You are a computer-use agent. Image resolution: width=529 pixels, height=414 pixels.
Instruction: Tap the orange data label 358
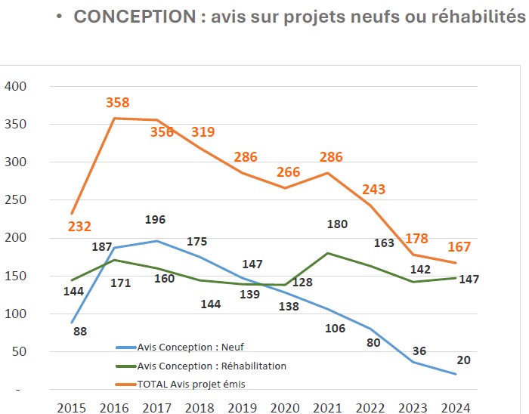click(x=117, y=103)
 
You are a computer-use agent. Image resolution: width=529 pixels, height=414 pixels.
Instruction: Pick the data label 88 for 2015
click(x=80, y=331)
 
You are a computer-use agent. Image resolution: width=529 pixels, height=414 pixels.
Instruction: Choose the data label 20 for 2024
click(x=463, y=360)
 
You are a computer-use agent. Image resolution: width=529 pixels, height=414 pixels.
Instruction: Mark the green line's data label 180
click(x=338, y=224)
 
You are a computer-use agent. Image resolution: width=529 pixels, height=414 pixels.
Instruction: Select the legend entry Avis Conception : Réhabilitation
click(x=212, y=366)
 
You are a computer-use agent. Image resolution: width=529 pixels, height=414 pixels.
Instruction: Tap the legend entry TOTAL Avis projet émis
click(x=191, y=384)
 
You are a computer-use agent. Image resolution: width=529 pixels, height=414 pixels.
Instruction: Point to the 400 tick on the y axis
click(x=16, y=87)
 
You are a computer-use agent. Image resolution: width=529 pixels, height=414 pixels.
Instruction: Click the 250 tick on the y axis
click(x=16, y=200)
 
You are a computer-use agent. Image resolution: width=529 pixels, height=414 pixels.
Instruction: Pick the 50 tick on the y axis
click(x=20, y=352)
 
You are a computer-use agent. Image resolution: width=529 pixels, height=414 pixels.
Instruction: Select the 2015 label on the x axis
click(x=72, y=408)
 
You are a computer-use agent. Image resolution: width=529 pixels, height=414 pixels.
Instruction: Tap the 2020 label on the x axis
click(x=285, y=408)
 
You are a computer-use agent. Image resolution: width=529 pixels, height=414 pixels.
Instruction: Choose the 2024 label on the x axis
click(x=455, y=408)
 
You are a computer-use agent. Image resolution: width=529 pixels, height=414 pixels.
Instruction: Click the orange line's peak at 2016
click(x=114, y=119)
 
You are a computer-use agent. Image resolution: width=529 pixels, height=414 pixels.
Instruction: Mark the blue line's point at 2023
click(x=413, y=362)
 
